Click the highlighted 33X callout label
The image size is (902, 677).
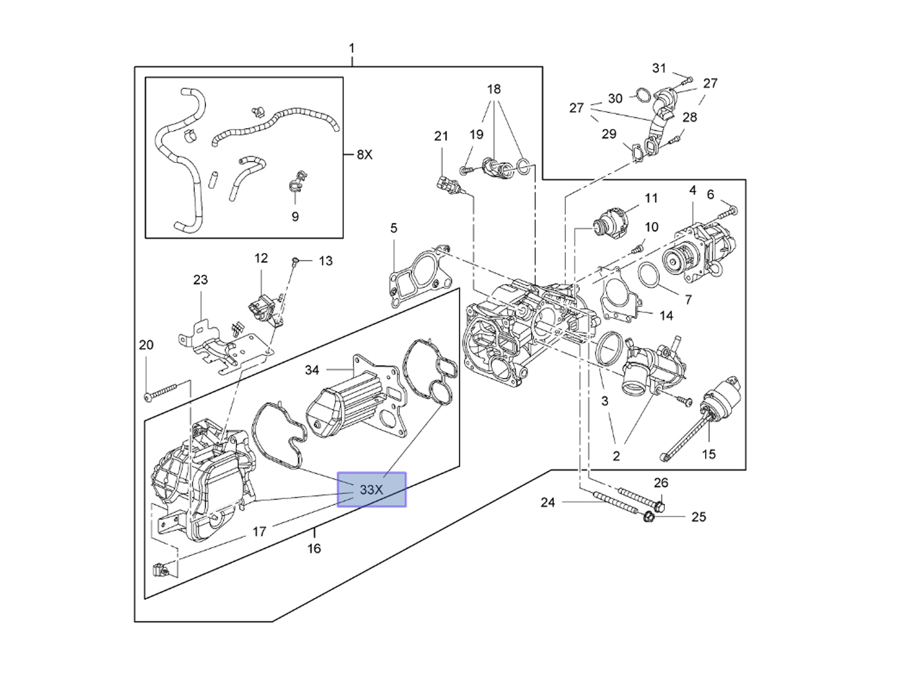coord(371,489)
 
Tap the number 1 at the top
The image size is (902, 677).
coord(352,48)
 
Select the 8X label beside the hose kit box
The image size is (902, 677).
coord(364,155)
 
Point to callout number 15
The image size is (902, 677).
coord(709,454)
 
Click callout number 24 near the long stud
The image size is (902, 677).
coord(547,503)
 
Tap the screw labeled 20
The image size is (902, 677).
coord(161,392)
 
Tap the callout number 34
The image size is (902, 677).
coord(312,370)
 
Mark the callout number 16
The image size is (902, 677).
coord(314,548)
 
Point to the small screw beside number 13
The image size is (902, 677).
coord(296,262)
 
